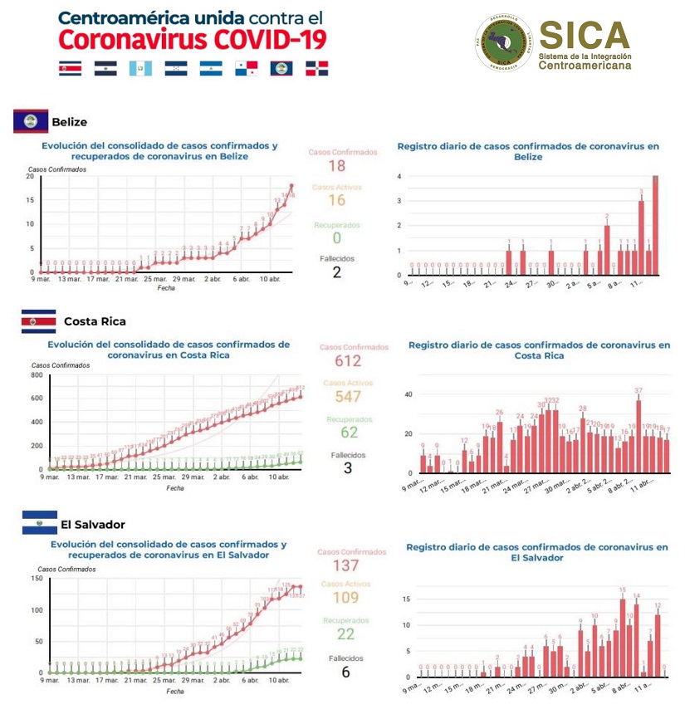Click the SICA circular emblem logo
(x=504, y=42)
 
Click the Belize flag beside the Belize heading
(x=30, y=122)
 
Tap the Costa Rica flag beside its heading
(x=38, y=321)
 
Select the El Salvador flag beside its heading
(x=39, y=523)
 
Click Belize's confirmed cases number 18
(x=336, y=166)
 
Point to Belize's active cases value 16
(x=336, y=201)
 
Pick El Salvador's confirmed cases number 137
(x=345, y=566)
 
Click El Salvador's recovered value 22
(x=345, y=634)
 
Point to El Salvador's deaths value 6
(x=345, y=672)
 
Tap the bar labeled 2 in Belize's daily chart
(x=607, y=250)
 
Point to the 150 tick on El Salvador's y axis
(x=37, y=579)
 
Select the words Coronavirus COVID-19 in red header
(x=193, y=39)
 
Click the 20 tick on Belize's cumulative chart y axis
(x=30, y=177)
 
